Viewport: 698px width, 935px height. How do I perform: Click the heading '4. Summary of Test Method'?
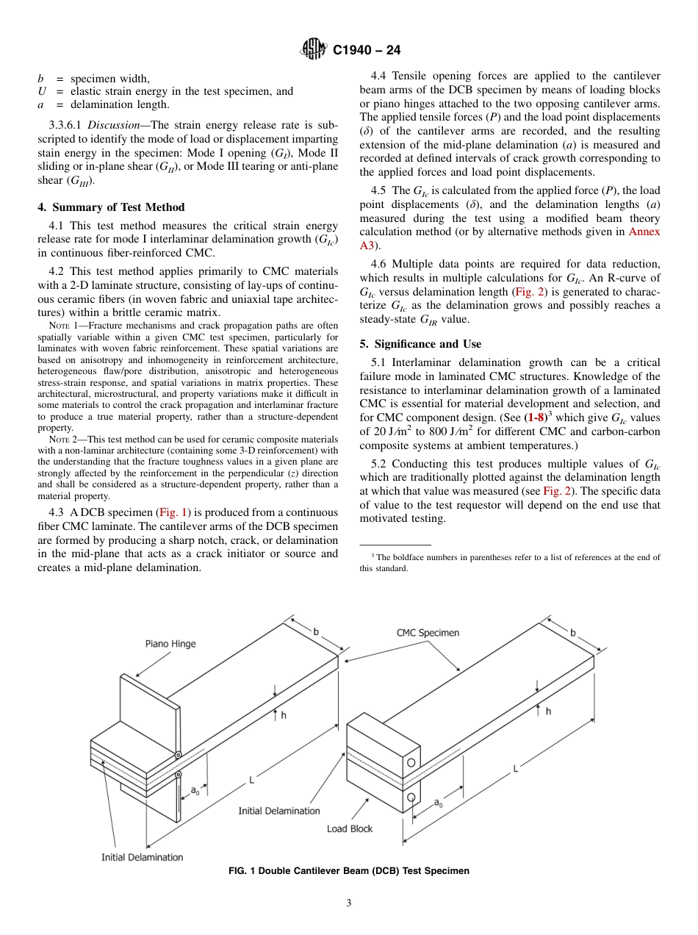(x=111, y=207)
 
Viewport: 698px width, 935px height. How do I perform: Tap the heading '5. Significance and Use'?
(x=420, y=344)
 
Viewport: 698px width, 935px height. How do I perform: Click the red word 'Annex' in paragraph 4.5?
(x=644, y=232)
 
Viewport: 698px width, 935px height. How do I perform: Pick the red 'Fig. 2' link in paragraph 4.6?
(x=529, y=292)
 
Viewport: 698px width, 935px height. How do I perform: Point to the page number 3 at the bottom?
(x=349, y=903)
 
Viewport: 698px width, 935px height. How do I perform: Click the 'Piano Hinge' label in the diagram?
(x=170, y=644)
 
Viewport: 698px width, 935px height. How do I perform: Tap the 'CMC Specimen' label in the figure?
(x=428, y=633)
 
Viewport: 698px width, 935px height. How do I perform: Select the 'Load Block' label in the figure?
(x=350, y=828)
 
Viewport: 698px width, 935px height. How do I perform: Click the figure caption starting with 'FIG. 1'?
(x=349, y=871)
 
